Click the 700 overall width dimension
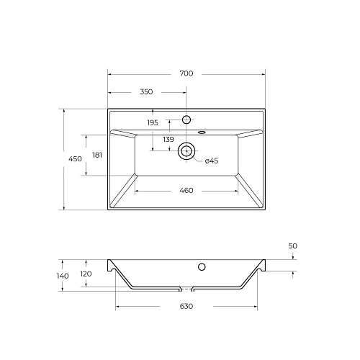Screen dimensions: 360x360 pos(186,73)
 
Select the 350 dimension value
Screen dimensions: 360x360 pos(147,92)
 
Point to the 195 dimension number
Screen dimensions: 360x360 pos(153,123)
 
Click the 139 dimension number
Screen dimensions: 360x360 pos(168,139)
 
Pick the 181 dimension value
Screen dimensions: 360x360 pos(97,155)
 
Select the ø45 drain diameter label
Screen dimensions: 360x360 pos(211,161)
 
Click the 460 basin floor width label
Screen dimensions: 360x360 pos(186,191)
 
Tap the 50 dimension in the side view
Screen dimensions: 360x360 pos(292,246)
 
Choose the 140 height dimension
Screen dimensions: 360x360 pos(63,276)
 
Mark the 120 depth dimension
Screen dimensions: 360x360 pos(86,274)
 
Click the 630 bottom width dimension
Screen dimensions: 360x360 pos(186,307)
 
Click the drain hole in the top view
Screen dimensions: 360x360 pos(186,150)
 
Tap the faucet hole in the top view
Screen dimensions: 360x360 pos(186,119)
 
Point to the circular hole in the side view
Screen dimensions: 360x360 pos(202,267)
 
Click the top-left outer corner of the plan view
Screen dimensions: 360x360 pos(108,109)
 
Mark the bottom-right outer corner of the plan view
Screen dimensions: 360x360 pos(266,210)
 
